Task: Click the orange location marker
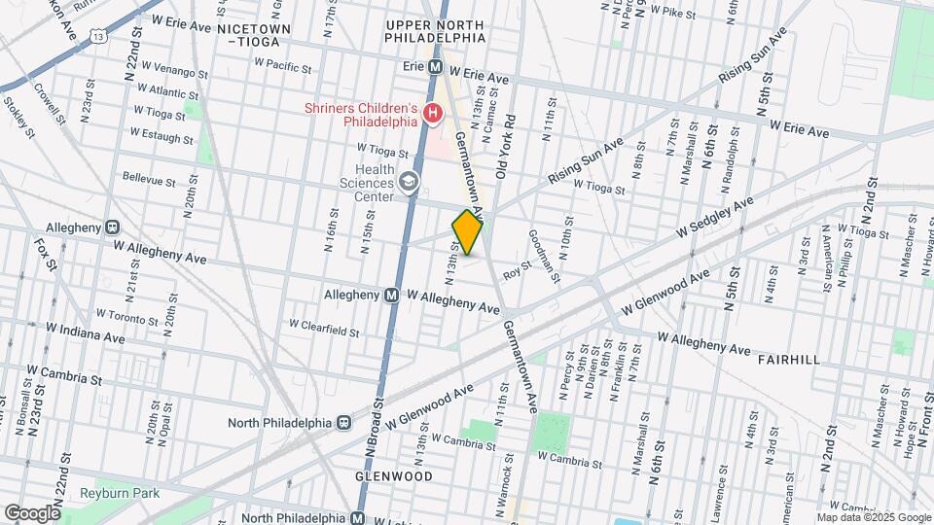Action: [x=467, y=232]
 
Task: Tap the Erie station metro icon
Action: [x=436, y=68]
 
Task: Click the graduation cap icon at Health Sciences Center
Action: [x=410, y=181]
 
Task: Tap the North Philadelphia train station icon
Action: [x=343, y=423]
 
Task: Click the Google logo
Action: [x=31, y=512]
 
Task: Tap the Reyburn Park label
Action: [x=120, y=493]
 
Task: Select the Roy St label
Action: [x=518, y=269]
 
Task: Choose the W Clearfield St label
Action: [x=323, y=331]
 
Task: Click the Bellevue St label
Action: [x=149, y=181]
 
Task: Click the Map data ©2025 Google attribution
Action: [x=873, y=517]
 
